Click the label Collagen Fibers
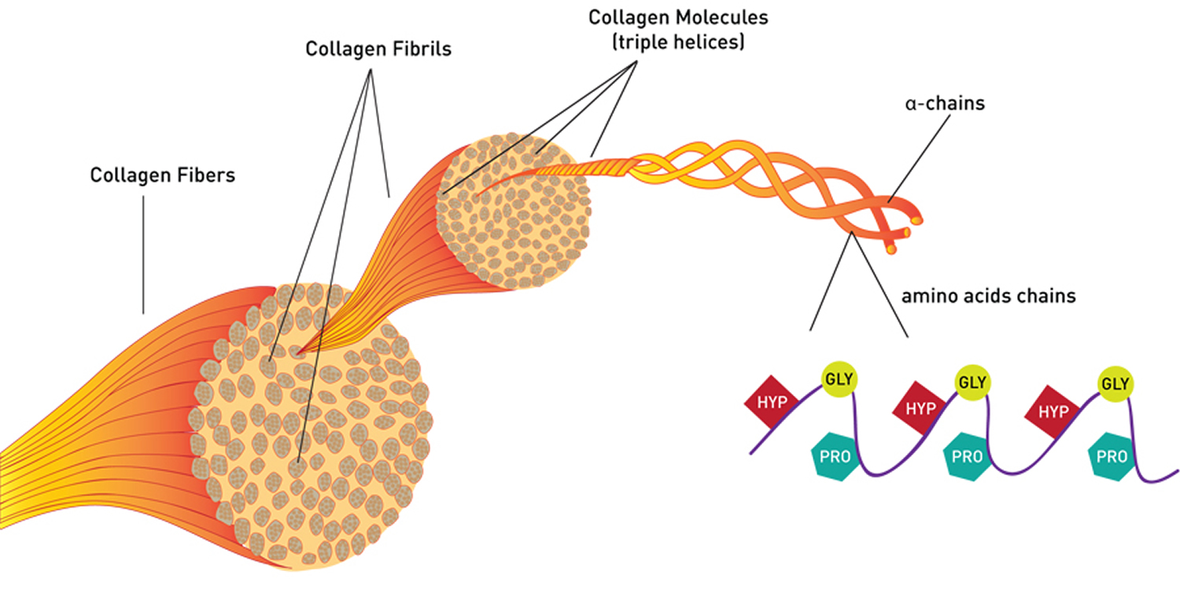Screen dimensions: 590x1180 162,175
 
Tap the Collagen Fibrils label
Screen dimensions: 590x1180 378,49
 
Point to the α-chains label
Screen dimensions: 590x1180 944,103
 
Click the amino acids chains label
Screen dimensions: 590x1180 988,297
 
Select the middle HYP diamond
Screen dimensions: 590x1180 920,407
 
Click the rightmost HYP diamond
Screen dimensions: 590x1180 1053,411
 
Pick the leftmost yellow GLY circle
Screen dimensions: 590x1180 837,378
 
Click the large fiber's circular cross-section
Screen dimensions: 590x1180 315,441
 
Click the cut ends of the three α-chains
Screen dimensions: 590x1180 905,233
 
